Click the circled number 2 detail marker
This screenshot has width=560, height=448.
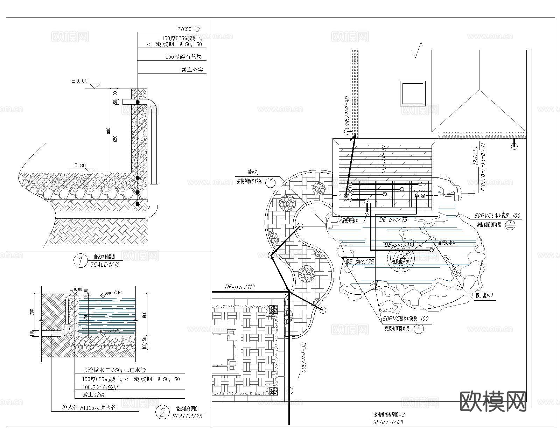click(x=162, y=413)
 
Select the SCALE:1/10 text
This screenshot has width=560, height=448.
click(x=105, y=265)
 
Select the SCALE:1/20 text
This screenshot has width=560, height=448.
click(x=187, y=416)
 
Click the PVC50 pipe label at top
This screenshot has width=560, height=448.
click(x=188, y=29)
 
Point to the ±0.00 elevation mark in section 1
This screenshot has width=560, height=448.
click(x=80, y=81)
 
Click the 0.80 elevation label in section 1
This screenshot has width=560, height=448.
click(x=80, y=166)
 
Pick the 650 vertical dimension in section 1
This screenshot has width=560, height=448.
click(x=115, y=139)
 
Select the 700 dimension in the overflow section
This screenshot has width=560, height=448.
click(x=32, y=311)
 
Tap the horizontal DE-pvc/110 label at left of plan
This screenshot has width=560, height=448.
click(x=240, y=287)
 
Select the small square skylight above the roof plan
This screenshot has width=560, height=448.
click(x=413, y=93)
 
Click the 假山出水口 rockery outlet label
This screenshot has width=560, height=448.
click(x=484, y=295)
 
